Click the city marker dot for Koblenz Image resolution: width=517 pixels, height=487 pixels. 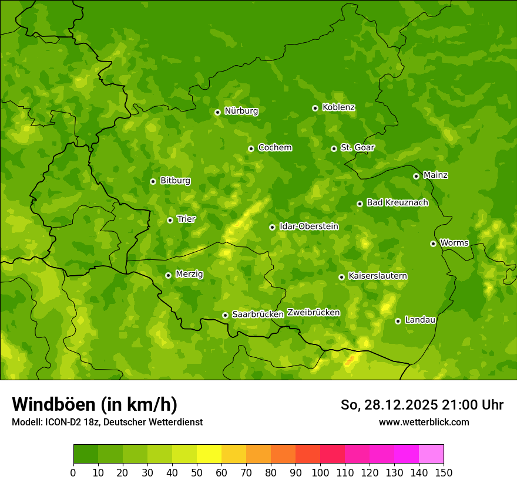pyautogui.click(x=315, y=108)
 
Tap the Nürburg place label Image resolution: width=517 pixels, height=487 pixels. pyautogui.click(x=241, y=111)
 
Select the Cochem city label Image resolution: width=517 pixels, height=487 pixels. pyautogui.click(x=274, y=148)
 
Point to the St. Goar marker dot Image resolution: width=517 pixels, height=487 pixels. pyautogui.click(x=334, y=148)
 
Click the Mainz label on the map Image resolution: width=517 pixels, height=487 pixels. pyautogui.click(x=435, y=175)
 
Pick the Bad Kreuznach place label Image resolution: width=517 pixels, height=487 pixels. pyautogui.click(x=397, y=203)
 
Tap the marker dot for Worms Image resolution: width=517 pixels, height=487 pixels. pyautogui.click(x=433, y=243)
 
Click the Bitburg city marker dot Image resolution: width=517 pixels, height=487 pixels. pyautogui.click(x=153, y=181)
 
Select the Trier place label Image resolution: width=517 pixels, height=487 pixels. pyautogui.click(x=186, y=219)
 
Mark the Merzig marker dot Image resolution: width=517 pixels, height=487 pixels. pyautogui.click(x=168, y=275)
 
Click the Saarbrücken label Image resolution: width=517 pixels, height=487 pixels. pyautogui.click(x=258, y=314)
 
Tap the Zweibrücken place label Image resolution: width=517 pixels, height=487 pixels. pyautogui.click(x=314, y=313)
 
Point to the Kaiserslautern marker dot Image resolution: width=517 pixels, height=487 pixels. pyautogui.click(x=341, y=277)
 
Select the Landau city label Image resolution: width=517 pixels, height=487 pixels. pyautogui.click(x=420, y=320)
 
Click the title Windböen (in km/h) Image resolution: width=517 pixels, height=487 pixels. pyautogui.click(x=95, y=404)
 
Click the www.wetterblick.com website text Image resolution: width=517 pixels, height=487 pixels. pyautogui.click(x=424, y=422)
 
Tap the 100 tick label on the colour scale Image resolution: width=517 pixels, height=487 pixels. pyautogui.click(x=320, y=472)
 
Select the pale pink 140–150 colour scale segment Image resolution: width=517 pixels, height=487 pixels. pyautogui.click(x=431, y=454)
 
